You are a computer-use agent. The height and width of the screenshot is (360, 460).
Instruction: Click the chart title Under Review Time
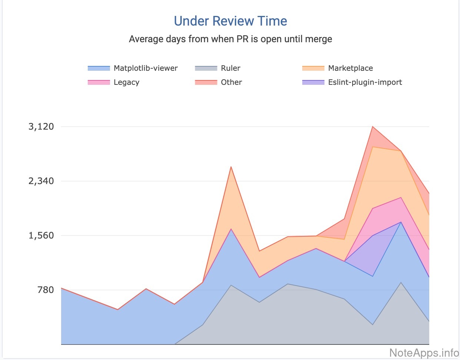[x=230, y=21]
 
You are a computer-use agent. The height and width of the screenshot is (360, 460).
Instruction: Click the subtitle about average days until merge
[x=230, y=39]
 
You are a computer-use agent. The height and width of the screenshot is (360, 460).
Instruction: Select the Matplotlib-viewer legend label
[x=146, y=68]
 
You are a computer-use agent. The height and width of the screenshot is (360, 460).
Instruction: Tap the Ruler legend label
[x=230, y=68]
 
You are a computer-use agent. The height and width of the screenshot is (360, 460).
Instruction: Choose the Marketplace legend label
[x=350, y=68]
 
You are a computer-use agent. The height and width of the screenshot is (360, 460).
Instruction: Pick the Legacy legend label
[x=126, y=82]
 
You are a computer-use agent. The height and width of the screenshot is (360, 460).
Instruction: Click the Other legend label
[x=231, y=82]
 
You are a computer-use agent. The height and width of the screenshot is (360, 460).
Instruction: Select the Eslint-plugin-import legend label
[x=365, y=82]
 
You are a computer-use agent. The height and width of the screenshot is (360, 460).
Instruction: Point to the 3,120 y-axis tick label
[x=41, y=127]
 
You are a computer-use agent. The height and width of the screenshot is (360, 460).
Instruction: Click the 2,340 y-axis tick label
[x=41, y=181]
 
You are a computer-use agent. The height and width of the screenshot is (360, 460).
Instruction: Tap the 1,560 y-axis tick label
[x=41, y=236]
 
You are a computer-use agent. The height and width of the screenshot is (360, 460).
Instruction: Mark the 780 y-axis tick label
[x=46, y=290]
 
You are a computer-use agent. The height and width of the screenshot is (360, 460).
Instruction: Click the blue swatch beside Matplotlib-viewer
[x=99, y=68]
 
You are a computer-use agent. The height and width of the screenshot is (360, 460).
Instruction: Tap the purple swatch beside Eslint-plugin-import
[x=313, y=82]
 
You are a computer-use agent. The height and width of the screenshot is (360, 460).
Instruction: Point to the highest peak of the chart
[x=372, y=127]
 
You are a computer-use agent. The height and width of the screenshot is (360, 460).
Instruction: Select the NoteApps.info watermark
[x=424, y=353]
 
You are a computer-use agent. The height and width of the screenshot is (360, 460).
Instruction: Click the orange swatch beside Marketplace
[x=313, y=68]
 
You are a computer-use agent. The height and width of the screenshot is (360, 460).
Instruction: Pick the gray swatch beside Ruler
[x=206, y=68]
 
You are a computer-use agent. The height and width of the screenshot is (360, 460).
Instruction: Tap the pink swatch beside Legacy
[x=99, y=82]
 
